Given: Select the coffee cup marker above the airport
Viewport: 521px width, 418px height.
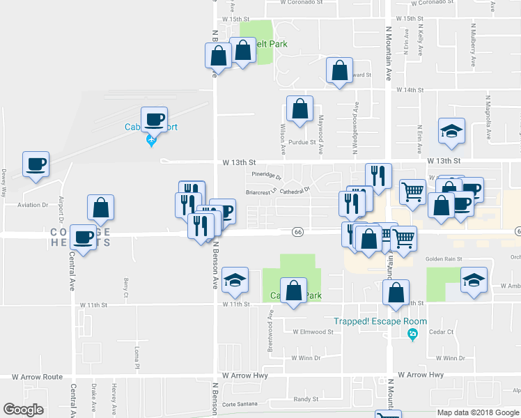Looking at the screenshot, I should [154, 119].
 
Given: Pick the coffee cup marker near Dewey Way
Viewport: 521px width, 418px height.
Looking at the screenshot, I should [36, 164].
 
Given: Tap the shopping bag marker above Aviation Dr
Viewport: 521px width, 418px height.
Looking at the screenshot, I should [101, 208].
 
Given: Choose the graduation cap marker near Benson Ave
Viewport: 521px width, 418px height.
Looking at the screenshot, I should [235, 280].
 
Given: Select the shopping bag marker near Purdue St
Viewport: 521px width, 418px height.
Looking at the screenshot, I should [300, 109].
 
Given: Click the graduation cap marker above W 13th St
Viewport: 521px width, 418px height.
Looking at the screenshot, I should [451, 130].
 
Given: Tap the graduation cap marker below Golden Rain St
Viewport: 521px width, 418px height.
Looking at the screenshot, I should [474, 281].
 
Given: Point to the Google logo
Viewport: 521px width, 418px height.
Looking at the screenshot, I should [24, 410].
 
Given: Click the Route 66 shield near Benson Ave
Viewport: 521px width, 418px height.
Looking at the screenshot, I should [297, 231].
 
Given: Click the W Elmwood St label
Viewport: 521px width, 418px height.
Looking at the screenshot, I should [313, 332].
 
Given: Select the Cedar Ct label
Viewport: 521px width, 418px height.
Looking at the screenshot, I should [441, 332].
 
